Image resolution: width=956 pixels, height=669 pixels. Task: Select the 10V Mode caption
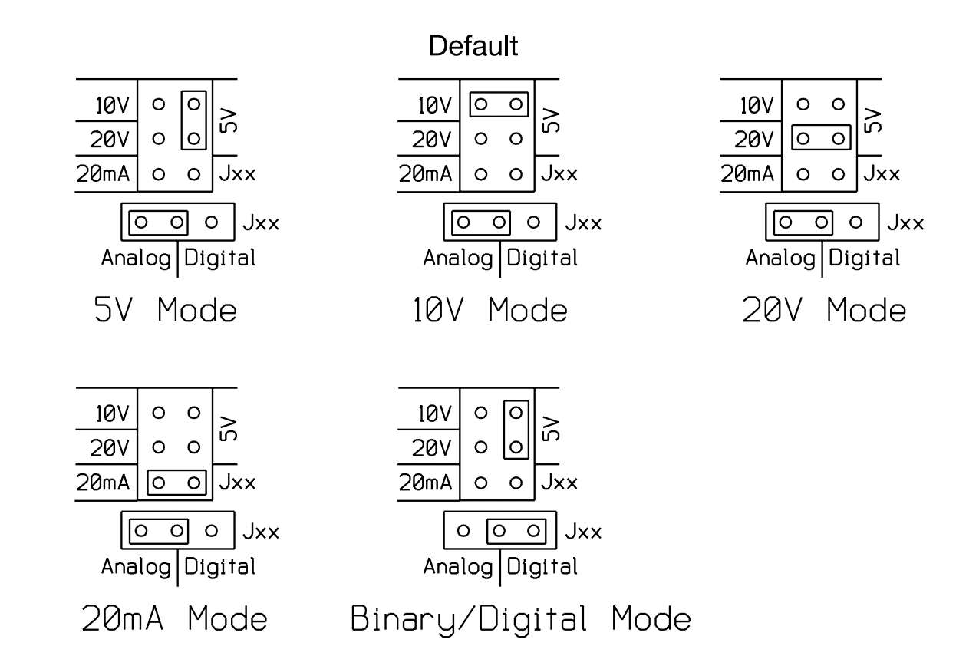(x=488, y=311)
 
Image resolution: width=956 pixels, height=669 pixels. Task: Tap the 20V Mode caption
(x=824, y=311)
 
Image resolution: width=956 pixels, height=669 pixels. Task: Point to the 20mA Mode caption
(x=175, y=618)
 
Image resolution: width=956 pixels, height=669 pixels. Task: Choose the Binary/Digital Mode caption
(x=521, y=618)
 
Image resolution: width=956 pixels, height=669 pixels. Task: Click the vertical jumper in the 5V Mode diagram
(x=194, y=120)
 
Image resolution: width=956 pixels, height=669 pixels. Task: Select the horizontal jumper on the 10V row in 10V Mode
(x=498, y=102)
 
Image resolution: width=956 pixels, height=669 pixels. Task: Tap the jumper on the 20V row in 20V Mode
(x=820, y=139)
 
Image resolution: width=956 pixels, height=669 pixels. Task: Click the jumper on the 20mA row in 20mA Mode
(x=176, y=483)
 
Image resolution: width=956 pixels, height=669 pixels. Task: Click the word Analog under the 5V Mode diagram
(x=136, y=258)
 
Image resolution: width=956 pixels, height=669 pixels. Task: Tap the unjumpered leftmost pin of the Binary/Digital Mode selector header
(x=463, y=530)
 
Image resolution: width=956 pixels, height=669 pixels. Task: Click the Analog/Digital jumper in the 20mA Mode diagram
(x=159, y=530)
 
